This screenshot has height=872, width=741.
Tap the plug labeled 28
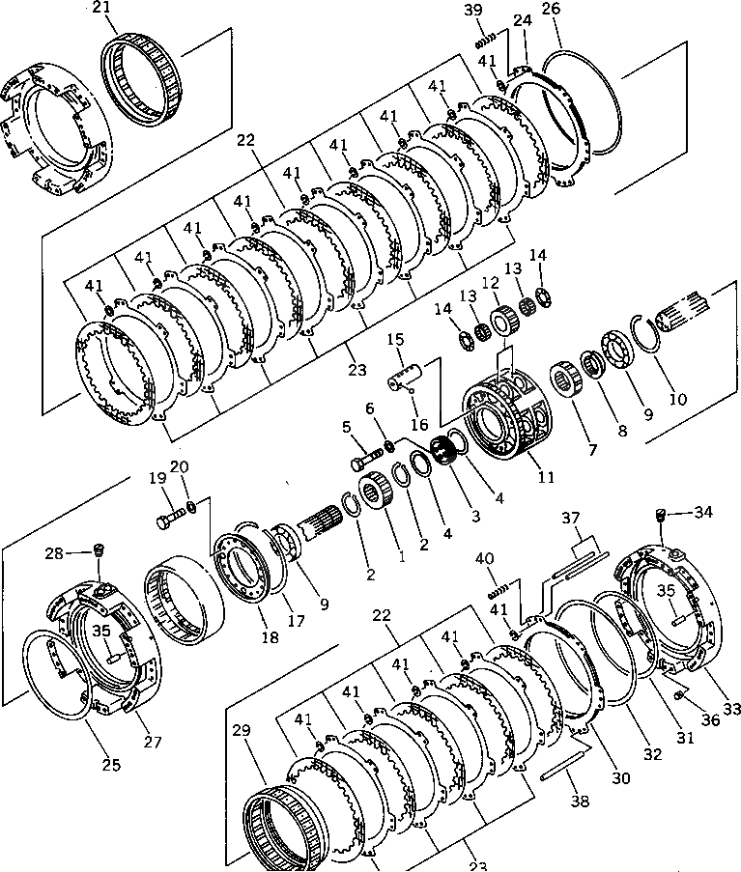point(97,552)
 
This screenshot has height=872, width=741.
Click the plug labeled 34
point(662,514)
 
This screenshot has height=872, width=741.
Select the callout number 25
point(111,766)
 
